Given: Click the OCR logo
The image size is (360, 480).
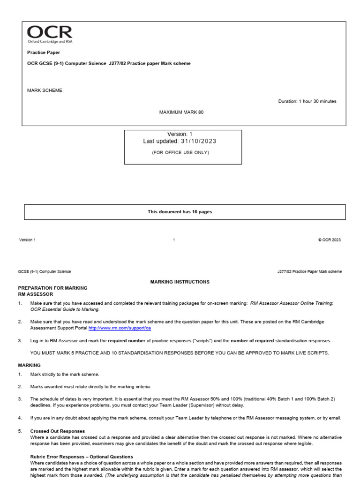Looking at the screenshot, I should point(50,35).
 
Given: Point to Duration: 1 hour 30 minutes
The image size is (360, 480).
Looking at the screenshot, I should point(307,101).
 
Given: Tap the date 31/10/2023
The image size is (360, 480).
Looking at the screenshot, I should point(196,141).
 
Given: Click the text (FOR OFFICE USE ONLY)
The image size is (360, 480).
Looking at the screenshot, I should point(180,152).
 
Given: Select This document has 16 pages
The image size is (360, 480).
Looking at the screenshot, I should point(180,212).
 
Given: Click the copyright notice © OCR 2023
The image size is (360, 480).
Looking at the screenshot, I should point(329,240).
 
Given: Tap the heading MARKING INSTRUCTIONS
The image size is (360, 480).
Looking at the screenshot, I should point(180,282).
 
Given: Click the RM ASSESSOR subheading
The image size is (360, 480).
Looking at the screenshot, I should point(36,294).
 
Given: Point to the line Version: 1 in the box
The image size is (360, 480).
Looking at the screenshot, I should point(180,134).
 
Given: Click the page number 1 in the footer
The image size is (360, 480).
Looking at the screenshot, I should point(174,240).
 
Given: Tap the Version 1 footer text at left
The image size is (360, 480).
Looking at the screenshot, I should point(27,240).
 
